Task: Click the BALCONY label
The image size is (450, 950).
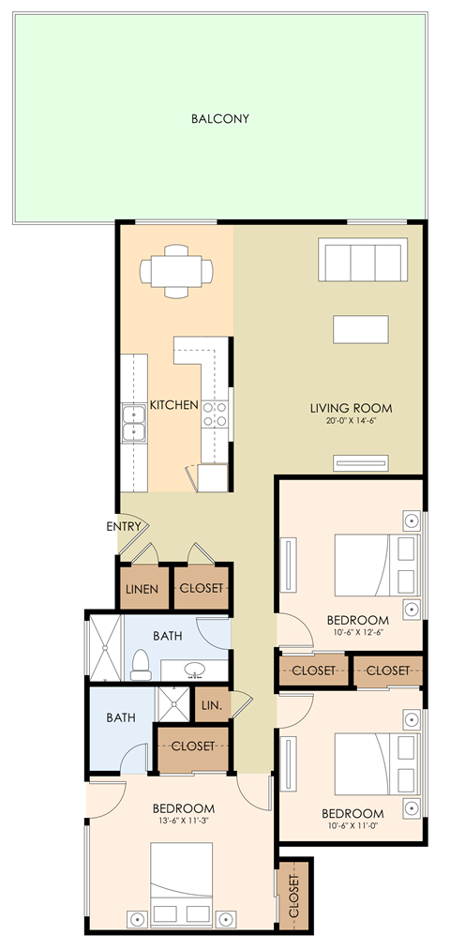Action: (x=219, y=119)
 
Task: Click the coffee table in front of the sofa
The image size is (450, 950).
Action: (x=361, y=330)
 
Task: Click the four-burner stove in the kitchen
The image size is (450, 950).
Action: (x=216, y=414)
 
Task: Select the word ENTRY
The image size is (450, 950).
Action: (x=124, y=526)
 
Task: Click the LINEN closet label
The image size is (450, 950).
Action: (x=142, y=589)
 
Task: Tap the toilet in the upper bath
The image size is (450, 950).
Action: (x=141, y=664)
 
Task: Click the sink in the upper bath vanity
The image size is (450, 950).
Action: (x=195, y=671)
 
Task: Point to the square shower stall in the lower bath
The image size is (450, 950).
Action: (x=172, y=705)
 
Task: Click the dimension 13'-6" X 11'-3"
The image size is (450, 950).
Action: (x=184, y=823)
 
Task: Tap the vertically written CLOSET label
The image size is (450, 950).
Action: (x=293, y=897)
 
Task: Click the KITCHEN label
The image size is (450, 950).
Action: (x=174, y=406)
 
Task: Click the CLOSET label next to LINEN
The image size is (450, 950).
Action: (x=202, y=589)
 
